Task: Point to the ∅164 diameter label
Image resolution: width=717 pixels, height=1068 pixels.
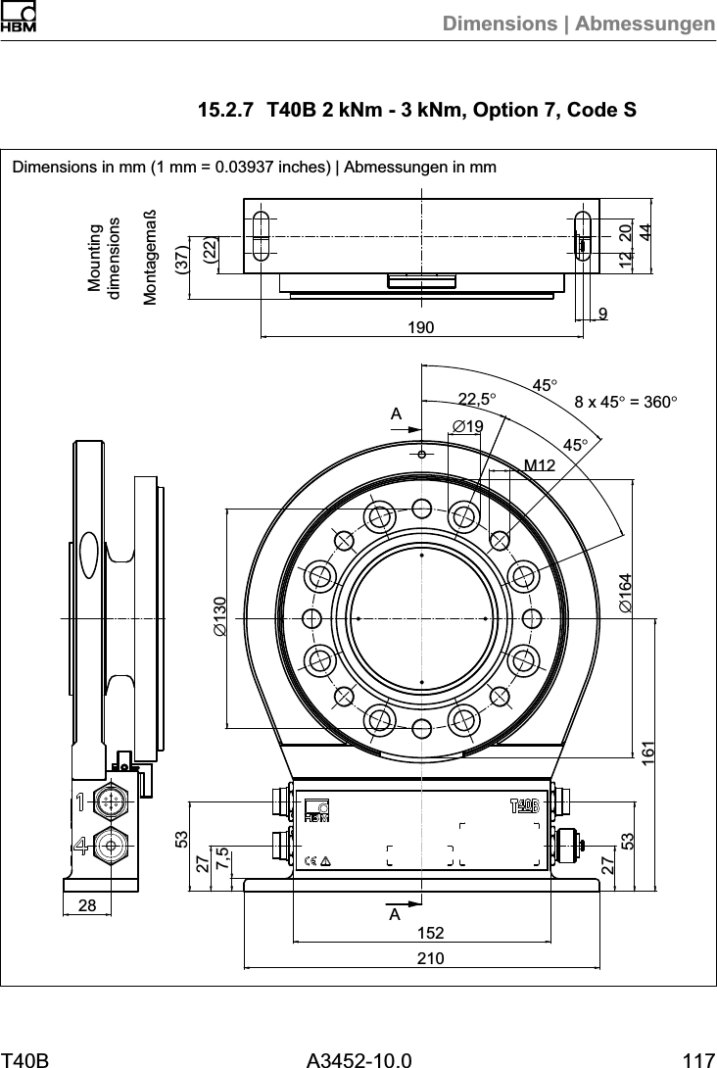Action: tap(624, 593)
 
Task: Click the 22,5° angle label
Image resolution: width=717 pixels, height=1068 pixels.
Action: tap(477, 399)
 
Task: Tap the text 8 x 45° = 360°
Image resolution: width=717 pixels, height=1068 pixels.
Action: tap(626, 401)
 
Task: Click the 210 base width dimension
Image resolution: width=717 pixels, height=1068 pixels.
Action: tap(421, 957)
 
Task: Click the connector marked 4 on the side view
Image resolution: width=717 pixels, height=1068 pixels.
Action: tap(113, 845)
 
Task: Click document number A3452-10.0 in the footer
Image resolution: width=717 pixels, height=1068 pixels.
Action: tap(358, 1057)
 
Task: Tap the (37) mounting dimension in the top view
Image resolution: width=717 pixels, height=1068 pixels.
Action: tap(180, 259)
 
